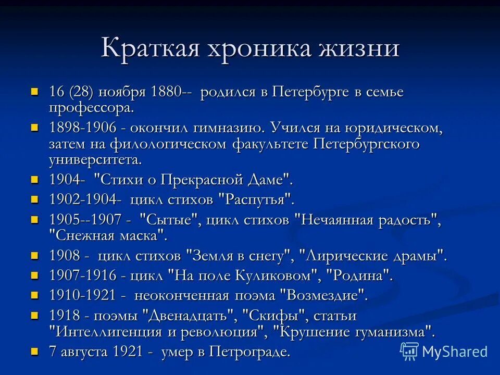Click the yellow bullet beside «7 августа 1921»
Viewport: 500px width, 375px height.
[x=35, y=351]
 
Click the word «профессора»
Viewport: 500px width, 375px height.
[x=91, y=108]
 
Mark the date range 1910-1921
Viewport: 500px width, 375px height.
[x=82, y=295]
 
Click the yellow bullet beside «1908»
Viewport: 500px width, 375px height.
[x=35, y=255]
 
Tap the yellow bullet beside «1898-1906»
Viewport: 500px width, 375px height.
[x=35, y=127]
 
